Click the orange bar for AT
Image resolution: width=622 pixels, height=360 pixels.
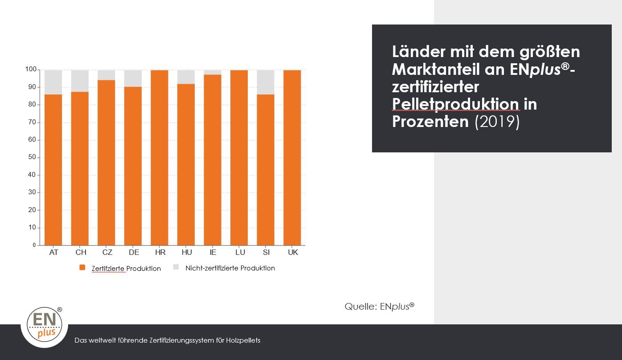point(53,169)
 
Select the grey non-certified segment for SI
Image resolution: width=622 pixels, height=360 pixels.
point(266,82)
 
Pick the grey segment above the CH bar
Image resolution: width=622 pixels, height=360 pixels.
point(80,81)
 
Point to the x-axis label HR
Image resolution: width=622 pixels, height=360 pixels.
point(160,252)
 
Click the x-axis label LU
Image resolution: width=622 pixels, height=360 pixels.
point(240,252)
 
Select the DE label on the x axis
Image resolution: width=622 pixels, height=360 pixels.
point(134,252)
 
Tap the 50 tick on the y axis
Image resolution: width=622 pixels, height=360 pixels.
point(31,157)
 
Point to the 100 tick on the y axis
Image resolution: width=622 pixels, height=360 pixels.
point(30,70)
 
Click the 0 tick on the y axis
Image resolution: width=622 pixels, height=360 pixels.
point(34,245)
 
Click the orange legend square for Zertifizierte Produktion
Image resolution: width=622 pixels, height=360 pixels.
point(82,267)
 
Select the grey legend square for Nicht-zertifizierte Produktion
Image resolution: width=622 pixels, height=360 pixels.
point(176,267)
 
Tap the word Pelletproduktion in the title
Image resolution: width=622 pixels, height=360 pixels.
point(455,104)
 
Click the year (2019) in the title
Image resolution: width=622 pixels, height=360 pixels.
point(497,121)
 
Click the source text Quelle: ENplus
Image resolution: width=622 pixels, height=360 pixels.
point(379,307)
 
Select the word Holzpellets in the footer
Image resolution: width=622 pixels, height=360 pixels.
point(244,340)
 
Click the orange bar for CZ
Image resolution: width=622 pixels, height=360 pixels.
point(106,163)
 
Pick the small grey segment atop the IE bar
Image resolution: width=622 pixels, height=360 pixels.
point(213,72)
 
